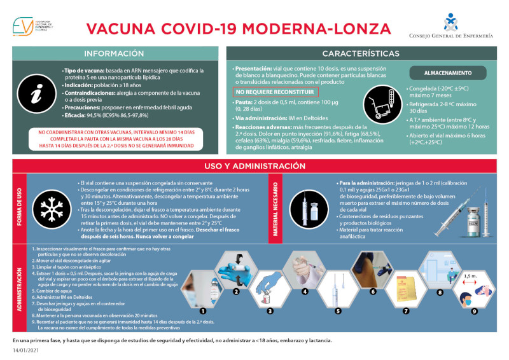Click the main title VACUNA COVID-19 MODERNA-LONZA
pos(239,29)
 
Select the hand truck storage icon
pos(380,102)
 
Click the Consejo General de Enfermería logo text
pos(451,36)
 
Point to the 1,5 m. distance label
pos(470,277)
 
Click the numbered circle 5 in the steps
pos(338,311)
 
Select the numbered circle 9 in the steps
pos(473,311)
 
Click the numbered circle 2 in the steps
pos(236,292)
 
